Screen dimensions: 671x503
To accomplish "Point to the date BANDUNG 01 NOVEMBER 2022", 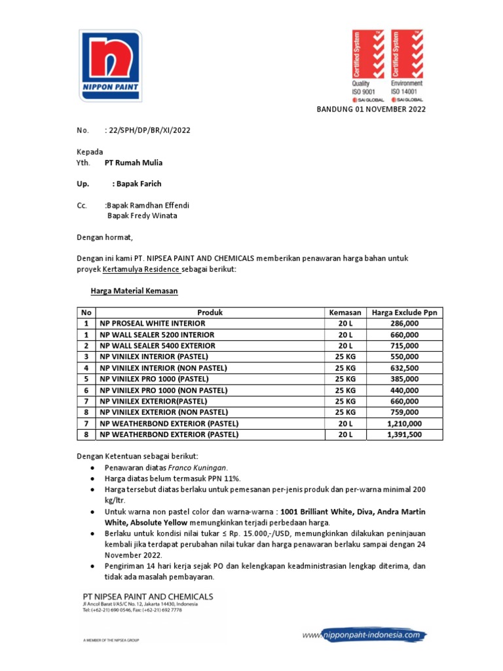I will tap(371, 109).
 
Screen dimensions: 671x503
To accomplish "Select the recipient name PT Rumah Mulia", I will tap(134, 163).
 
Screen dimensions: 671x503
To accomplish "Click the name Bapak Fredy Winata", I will tap(142, 216).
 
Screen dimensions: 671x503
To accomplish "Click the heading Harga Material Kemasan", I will tap(134, 291).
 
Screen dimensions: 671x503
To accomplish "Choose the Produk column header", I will tap(210, 313).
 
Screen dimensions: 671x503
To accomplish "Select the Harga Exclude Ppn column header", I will tap(403, 313).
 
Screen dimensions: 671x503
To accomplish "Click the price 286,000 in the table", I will tap(403, 324).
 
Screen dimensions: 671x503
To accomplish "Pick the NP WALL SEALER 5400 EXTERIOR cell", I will tap(157, 345).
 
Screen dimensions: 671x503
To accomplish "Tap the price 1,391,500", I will tap(403, 434).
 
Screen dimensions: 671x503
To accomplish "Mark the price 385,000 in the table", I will tap(403, 379).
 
